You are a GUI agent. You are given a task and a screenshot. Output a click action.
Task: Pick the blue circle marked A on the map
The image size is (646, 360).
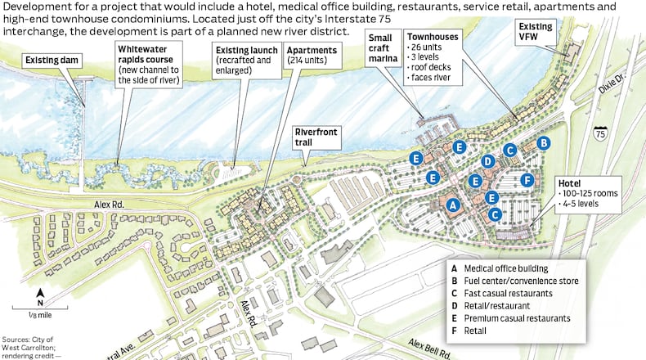pos(455,205)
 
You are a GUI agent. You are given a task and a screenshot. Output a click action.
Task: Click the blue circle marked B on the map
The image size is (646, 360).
pos(543,142)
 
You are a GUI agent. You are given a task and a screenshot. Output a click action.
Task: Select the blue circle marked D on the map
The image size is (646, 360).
pos(487,161)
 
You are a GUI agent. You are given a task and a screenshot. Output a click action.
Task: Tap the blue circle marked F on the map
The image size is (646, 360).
pos(527,179)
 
